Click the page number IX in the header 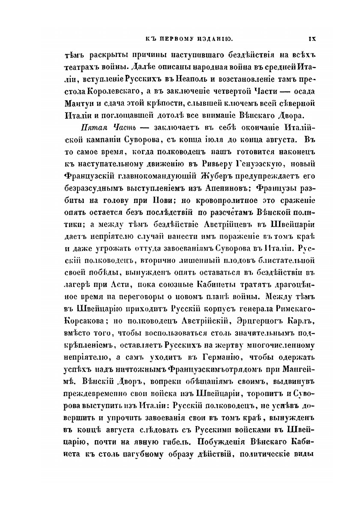tap(312, 39)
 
